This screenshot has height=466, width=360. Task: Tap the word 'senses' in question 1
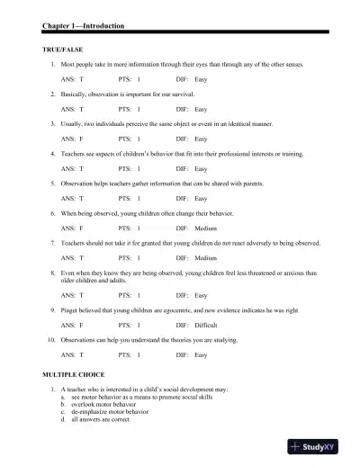coord(292,66)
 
